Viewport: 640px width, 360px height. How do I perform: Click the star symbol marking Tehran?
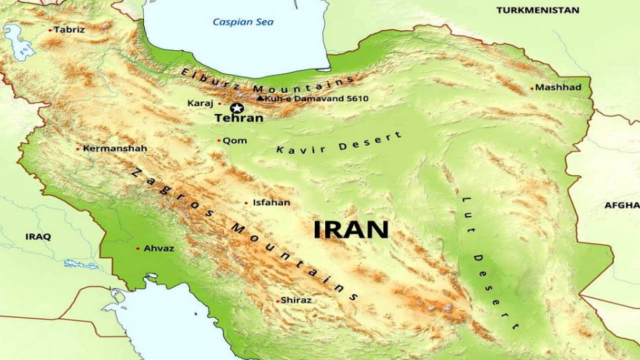[x=236, y=108]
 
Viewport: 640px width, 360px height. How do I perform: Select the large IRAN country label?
[x=351, y=229]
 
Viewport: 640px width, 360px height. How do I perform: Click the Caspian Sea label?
[x=243, y=23]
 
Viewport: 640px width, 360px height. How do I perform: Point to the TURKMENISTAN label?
[x=537, y=10]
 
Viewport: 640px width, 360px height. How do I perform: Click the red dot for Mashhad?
[x=532, y=88]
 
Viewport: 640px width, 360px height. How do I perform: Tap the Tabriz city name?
[x=69, y=30]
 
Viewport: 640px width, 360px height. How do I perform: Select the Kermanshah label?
[x=115, y=148]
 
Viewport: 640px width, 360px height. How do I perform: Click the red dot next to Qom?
[x=218, y=141]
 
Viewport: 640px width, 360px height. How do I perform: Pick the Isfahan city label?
[x=271, y=203]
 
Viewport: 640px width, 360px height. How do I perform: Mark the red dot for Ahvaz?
[x=137, y=249]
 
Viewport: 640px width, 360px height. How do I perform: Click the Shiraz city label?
[x=297, y=300]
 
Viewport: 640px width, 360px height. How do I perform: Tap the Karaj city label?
[x=200, y=103]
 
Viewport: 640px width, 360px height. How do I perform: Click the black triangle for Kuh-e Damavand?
[x=260, y=97]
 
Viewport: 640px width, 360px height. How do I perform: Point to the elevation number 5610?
[x=357, y=98]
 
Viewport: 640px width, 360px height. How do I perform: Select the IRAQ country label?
[x=38, y=236]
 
